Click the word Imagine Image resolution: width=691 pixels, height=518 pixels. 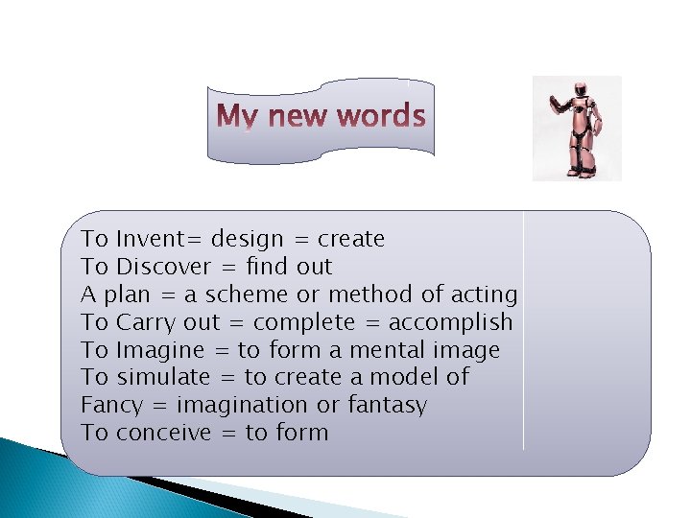click(157, 350)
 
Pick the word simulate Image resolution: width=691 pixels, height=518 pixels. click(157, 377)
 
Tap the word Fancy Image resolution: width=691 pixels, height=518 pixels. click(111, 406)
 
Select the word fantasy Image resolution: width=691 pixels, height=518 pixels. click(387, 406)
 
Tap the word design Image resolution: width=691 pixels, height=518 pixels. click(247, 239)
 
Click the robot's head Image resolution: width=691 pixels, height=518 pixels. click(579, 90)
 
